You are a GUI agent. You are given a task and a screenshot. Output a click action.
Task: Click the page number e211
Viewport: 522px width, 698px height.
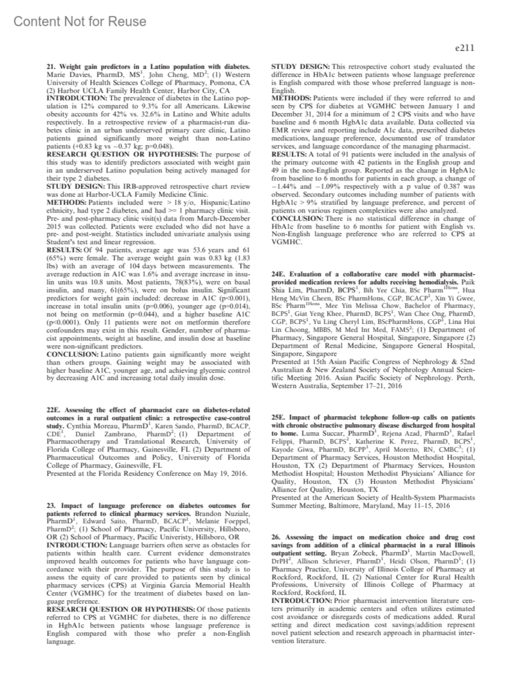coord(464,48)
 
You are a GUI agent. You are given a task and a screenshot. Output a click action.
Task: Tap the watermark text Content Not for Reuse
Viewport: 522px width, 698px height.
coord(80,21)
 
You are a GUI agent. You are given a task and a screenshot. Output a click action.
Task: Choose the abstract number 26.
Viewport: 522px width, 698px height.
coord(276,537)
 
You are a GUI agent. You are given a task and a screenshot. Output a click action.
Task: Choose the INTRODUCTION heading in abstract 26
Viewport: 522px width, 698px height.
coord(301,601)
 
